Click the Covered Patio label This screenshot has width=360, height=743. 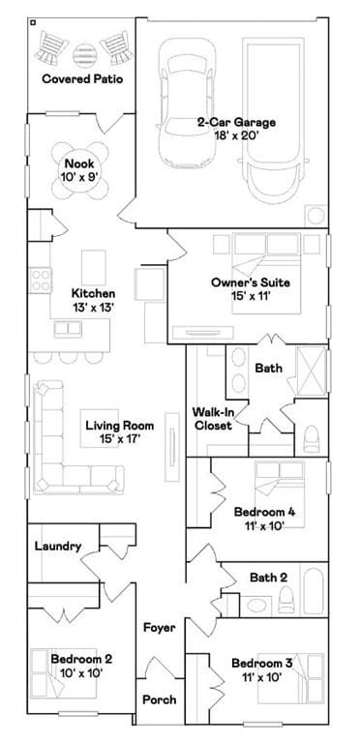click(x=82, y=78)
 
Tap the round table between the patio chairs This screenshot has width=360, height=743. click(x=84, y=54)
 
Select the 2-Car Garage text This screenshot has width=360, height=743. click(x=236, y=122)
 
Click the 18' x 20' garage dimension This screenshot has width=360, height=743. click(x=236, y=136)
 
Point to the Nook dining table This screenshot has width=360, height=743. click(x=79, y=169)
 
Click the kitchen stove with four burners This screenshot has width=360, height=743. click(x=41, y=280)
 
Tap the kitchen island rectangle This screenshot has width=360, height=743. click(x=94, y=268)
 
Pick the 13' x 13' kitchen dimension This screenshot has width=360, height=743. click(x=93, y=308)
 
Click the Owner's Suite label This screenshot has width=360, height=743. click(x=251, y=282)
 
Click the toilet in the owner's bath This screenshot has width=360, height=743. click(x=312, y=439)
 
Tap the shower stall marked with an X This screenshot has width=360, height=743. click(x=312, y=371)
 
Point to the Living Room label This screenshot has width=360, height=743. click(x=120, y=425)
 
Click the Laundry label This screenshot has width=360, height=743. click(x=58, y=547)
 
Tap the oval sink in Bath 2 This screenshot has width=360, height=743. click(x=256, y=606)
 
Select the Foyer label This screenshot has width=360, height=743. click(x=160, y=628)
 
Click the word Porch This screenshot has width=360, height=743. click(x=160, y=699)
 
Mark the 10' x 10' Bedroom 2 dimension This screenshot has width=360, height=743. click(x=82, y=672)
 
